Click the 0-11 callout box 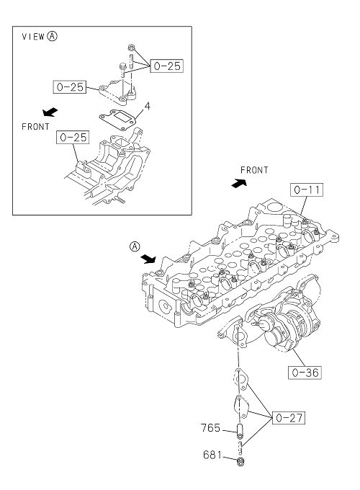click(x=307, y=190)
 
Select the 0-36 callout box click(x=305, y=373)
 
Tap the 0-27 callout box click(x=289, y=417)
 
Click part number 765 click(x=211, y=428)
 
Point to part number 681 click(x=212, y=455)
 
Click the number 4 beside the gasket click(x=147, y=107)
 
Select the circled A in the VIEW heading click(x=52, y=36)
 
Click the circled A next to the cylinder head click(x=135, y=246)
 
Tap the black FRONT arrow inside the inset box click(x=50, y=112)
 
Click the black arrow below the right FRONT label click(x=239, y=183)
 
